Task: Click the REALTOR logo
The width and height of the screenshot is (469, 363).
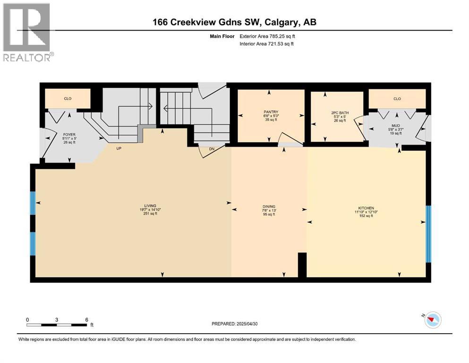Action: point(27,32)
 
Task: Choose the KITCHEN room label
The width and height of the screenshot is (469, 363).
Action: point(366,208)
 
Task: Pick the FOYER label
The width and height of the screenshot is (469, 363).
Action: point(69,135)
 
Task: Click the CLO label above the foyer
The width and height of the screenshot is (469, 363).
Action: point(67,99)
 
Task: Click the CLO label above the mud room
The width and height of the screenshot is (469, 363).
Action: point(397,99)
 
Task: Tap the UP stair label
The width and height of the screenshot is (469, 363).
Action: point(119,147)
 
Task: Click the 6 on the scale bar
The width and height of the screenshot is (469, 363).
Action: point(86,320)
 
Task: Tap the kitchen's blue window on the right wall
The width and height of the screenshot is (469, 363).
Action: point(428,233)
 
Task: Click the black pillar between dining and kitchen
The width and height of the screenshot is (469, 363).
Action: point(302,265)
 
